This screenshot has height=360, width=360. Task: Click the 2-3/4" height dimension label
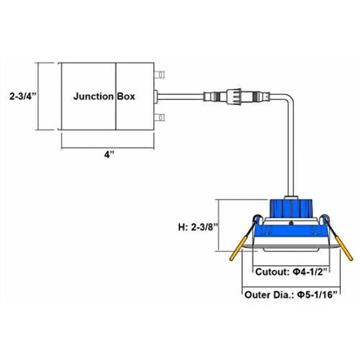[x=23, y=96]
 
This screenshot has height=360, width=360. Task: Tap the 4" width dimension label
[x=109, y=155]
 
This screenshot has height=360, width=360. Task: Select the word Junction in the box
[x=94, y=96]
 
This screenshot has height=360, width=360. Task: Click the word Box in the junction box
[x=126, y=96]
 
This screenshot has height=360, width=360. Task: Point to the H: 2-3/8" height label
[x=197, y=227]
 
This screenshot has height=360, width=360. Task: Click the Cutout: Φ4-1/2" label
[x=291, y=272]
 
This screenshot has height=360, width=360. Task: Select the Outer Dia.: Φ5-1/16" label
[x=291, y=294]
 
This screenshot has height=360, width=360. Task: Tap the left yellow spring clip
[x=238, y=248]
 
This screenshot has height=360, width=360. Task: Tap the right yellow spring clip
[x=344, y=248]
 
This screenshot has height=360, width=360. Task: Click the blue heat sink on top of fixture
[x=291, y=208]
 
